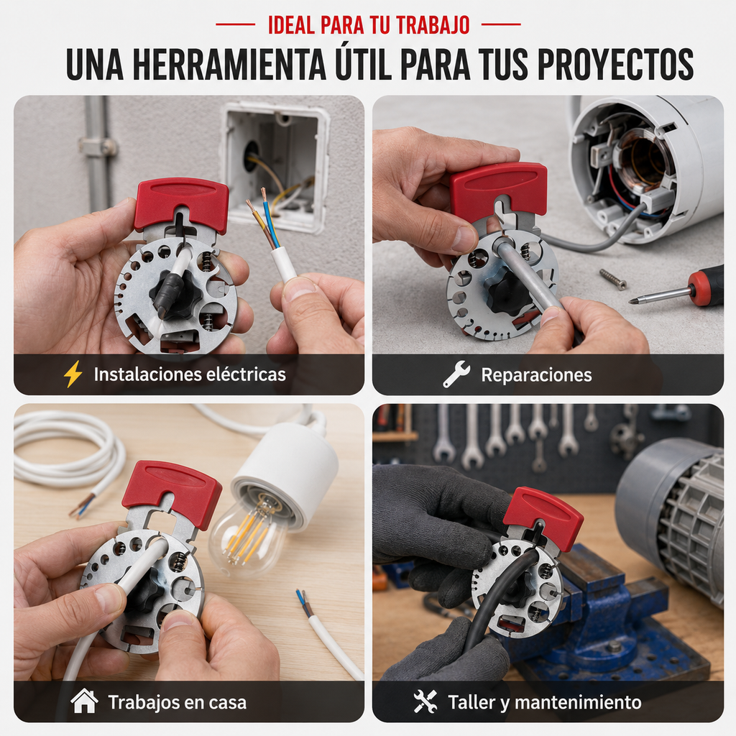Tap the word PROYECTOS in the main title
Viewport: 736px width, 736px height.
pyautogui.click(x=616, y=64)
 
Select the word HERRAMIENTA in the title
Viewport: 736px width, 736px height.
pyautogui.click(x=229, y=64)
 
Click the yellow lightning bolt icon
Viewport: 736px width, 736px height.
pyautogui.click(x=73, y=374)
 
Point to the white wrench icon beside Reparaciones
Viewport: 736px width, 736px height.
pyautogui.click(x=456, y=374)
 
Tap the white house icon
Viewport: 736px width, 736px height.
pyautogui.click(x=85, y=701)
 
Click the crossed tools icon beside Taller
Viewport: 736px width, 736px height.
pyautogui.click(x=425, y=701)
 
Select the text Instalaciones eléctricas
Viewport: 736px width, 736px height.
pyautogui.click(x=190, y=374)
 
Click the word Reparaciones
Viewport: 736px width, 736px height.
pyautogui.click(x=536, y=375)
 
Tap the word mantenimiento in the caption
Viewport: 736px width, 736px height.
pyautogui.click(x=578, y=702)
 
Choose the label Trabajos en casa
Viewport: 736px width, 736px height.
pyautogui.click(x=177, y=702)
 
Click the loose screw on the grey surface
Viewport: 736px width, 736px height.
pyautogui.click(x=612, y=279)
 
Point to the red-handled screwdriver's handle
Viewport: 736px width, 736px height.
pyautogui.click(x=706, y=285)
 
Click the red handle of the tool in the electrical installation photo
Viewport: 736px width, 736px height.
pyautogui.click(x=182, y=204)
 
